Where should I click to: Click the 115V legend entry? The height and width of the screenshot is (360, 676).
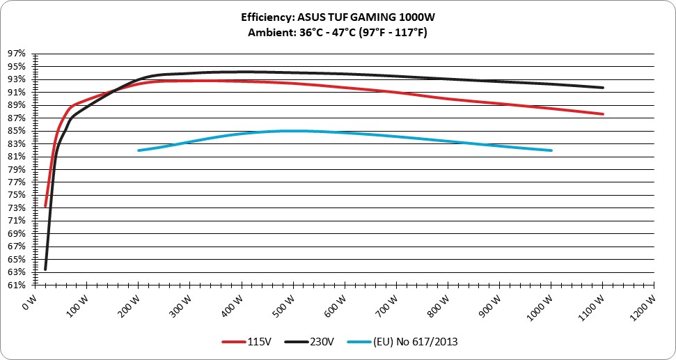(246, 342)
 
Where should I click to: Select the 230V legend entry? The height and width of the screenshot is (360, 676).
(310, 342)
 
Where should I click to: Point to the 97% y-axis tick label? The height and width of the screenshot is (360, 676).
(17, 54)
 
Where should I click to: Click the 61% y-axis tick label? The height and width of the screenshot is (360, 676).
(17, 285)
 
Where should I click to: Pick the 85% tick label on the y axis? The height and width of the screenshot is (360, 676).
(17, 131)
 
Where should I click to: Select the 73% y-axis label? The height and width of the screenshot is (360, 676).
(17, 208)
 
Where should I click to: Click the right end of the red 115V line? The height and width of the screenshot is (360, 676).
(603, 114)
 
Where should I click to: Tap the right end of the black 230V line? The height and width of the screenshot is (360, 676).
(603, 88)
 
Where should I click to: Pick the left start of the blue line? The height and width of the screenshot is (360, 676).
(139, 150)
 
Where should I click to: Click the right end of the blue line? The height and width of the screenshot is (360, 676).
(551, 150)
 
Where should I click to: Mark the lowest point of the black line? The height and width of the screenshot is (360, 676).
(45, 269)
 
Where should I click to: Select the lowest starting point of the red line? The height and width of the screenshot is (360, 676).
(45, 206)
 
